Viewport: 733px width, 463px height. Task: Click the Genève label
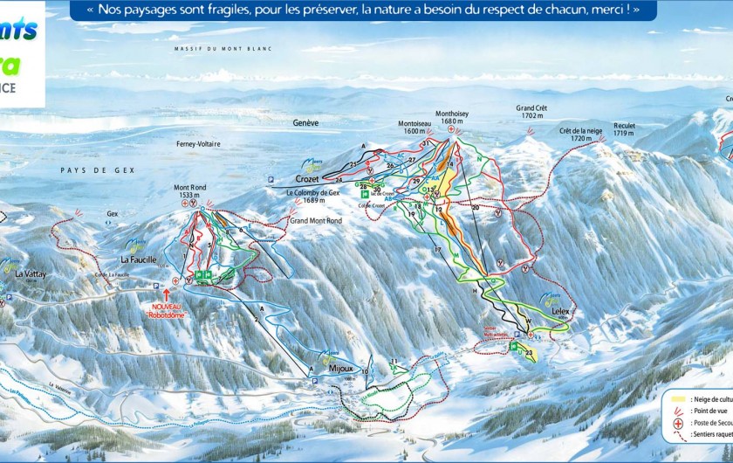point(305,123)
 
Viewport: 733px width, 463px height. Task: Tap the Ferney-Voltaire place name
point(198,143)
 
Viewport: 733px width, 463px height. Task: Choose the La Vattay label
point(31,273)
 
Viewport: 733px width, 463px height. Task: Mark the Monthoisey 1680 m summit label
point(451,117)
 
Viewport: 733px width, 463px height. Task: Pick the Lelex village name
point(560,310)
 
